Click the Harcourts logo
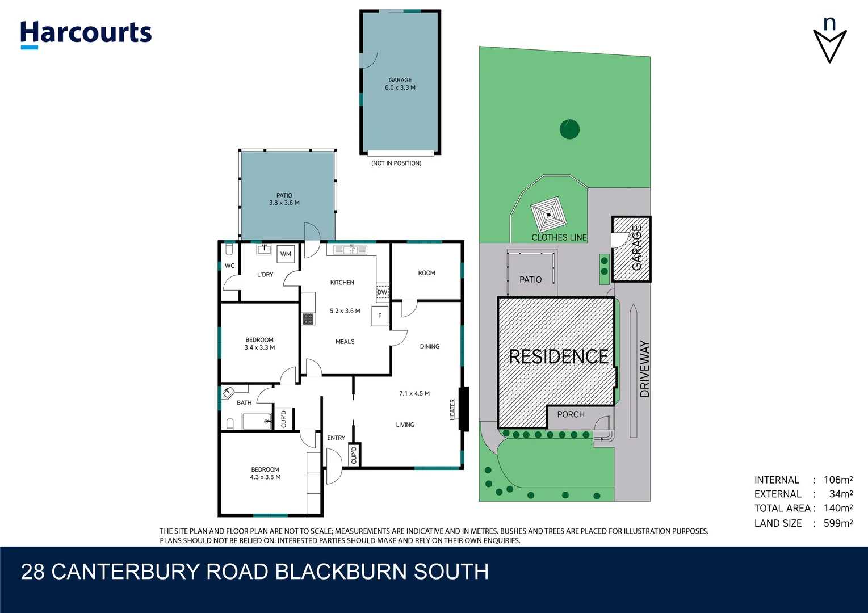click(x=86, y=34)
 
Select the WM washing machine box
click(x=286, y=254)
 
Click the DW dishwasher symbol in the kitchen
click(x=382, y=292)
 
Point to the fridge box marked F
click(x=380, y=316)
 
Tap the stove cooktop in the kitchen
click(x=308, y=319)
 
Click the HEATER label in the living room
click(x=453, y=409)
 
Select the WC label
click(x=230, y=266)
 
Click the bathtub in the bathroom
click(x=257, y=421)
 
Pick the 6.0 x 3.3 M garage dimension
click(x=400, y=87)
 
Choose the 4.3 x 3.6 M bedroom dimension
click(x=265, y=477)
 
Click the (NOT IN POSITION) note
click(x=396, y=163)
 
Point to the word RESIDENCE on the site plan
click(x=559, y=356)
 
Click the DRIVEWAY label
click(x=644, y=368)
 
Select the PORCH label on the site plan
click(x=571, y=414)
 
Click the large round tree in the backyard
click(x=569, y=129)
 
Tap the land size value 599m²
click(x=838, y=523)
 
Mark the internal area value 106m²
click(x=838, y=480)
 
